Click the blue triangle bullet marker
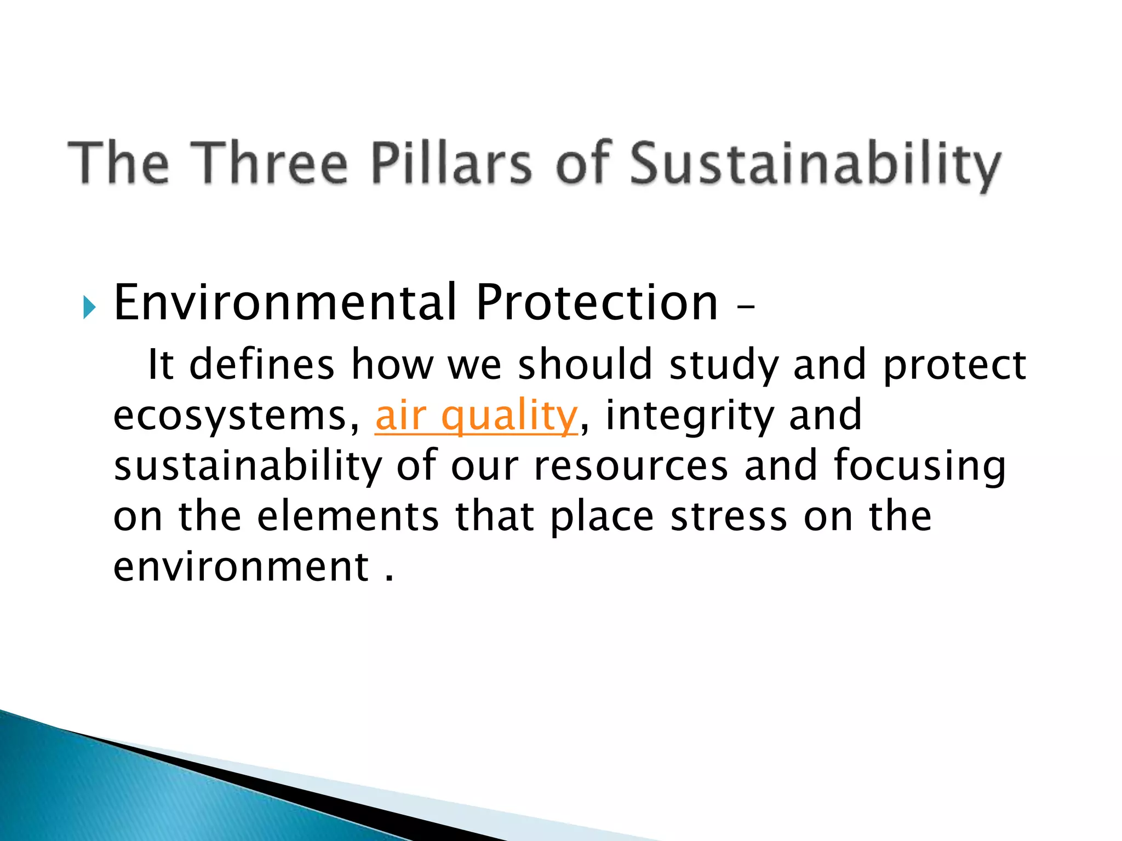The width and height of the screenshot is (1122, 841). [x=89, y=308]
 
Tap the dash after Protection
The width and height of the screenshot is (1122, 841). [x=746, y=308]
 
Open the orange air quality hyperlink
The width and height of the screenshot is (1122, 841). [x=476, y=416]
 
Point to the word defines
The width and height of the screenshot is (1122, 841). [x=261, y=365]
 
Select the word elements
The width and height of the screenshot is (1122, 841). [x=348, y=517]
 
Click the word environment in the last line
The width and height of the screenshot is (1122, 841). [x=241, y=567]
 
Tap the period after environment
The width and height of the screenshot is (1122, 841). [x=390, y=578]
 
